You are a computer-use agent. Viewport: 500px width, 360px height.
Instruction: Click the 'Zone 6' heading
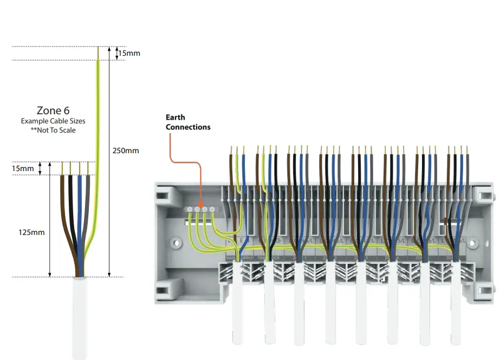pyautogui.click(x=53, y=110)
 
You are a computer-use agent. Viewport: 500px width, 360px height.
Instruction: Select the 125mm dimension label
pyautogui.click(x=31, y=232)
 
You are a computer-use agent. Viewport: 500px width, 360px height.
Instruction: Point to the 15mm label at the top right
pyautogui.click(x=128, y=53)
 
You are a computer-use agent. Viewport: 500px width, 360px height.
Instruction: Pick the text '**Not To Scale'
pyautogui.click(x=53, y=130)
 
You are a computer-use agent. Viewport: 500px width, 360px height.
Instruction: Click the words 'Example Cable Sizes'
pyautogui.click(x=53, y=121)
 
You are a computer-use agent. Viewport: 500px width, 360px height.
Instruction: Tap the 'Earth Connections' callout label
pyautogui.click(x=188, y=122)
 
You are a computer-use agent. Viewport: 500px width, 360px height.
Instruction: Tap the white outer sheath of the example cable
pyautogui.click(x=79, y=319)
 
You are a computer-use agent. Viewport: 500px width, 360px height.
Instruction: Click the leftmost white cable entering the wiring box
pyautogui.click(x=237, y=309)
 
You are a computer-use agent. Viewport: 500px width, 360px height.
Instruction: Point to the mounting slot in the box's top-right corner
pyautogui.click(x=484, y=193)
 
